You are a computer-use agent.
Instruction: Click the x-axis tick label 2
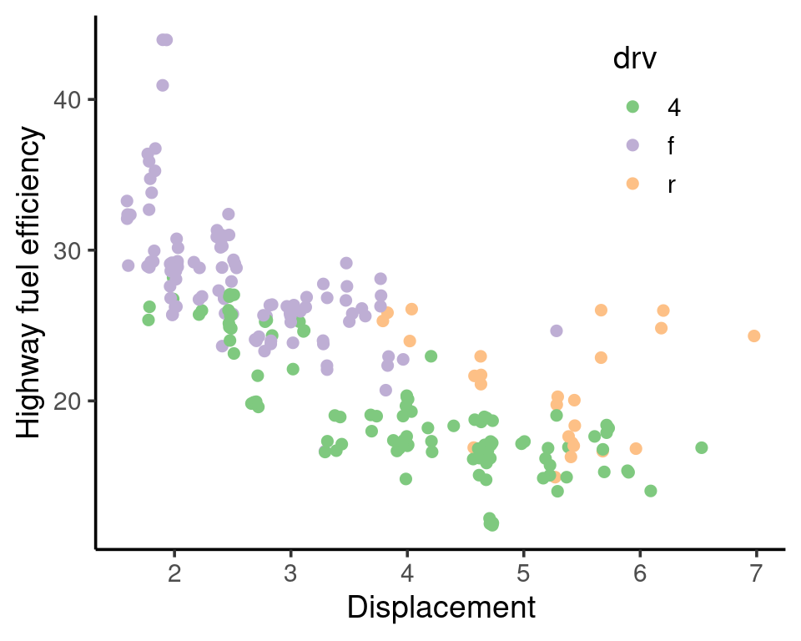pos(174,574)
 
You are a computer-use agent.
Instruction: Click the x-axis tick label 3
pos(290,574)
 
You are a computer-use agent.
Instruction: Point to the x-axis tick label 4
pos(407,574)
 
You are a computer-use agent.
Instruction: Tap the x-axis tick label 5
pos(523,574)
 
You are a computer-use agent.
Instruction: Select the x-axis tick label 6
pos(640,574)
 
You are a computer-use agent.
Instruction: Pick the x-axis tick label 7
pos(756,574)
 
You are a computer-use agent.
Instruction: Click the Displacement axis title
pos(441,607)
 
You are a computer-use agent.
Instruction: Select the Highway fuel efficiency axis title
pos(30,282)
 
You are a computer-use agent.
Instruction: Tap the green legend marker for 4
pos(632,106)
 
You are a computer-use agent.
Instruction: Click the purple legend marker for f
pos(632,145)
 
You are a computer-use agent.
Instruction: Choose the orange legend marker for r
pos(632,184)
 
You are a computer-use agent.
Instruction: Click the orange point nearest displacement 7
pos(754,336)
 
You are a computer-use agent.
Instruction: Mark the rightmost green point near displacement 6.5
pos(702,447)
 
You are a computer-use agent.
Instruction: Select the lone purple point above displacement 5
pos(557,331)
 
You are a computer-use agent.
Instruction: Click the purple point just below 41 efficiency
pos(163,85)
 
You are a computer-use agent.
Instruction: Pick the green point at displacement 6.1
pos(651,491)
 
